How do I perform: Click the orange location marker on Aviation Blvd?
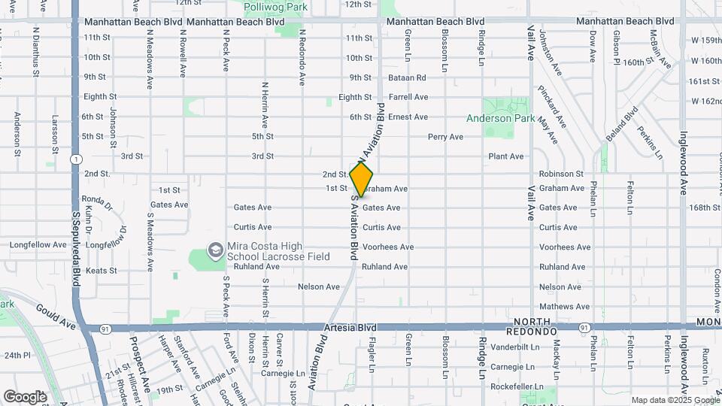[x=361, y=180]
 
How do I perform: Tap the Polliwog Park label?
[x=275, y=6]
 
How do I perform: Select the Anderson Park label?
[x=500, y=118]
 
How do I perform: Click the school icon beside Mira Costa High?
[x=215, y=249]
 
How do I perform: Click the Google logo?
[x=25, y=396]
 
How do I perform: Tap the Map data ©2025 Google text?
[x=674, y=400]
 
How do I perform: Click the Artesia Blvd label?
[x=350, y=328]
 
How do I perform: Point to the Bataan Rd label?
[x=407, y=77]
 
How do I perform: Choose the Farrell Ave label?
[x=408, y=97]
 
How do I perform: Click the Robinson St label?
[x=561, y=173]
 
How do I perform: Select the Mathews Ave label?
[x=559, y=306]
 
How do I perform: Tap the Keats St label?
[x=102, y=271]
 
